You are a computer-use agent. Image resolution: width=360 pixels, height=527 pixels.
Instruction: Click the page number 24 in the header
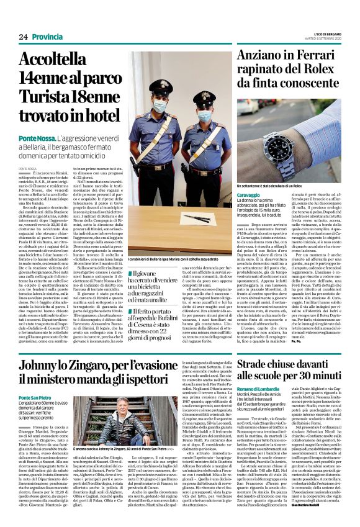pos(23,37)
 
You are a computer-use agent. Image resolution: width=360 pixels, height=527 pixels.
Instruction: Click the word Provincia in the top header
pos(48,37)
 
